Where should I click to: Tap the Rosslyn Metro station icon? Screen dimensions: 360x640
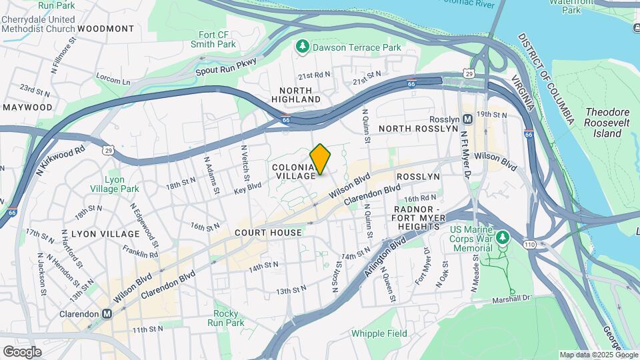click(x=468, y=119)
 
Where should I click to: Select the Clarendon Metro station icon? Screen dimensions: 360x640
click(x=107, y=313)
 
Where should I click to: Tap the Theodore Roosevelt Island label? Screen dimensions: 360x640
click(x=603, y=123)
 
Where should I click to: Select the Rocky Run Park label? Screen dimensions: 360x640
click(x=226, y=318)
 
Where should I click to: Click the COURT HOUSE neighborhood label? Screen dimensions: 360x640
click(x=268, y=233)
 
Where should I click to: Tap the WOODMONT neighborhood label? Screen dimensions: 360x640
click(x=105, y=29)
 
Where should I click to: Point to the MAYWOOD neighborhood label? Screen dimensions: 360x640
click(x=27, y=107)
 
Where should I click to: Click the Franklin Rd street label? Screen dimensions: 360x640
click(x=140, y=252)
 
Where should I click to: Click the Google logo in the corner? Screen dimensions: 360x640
click(x=22, y=351)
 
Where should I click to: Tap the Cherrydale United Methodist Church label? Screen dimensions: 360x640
click(x=38, y=24)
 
